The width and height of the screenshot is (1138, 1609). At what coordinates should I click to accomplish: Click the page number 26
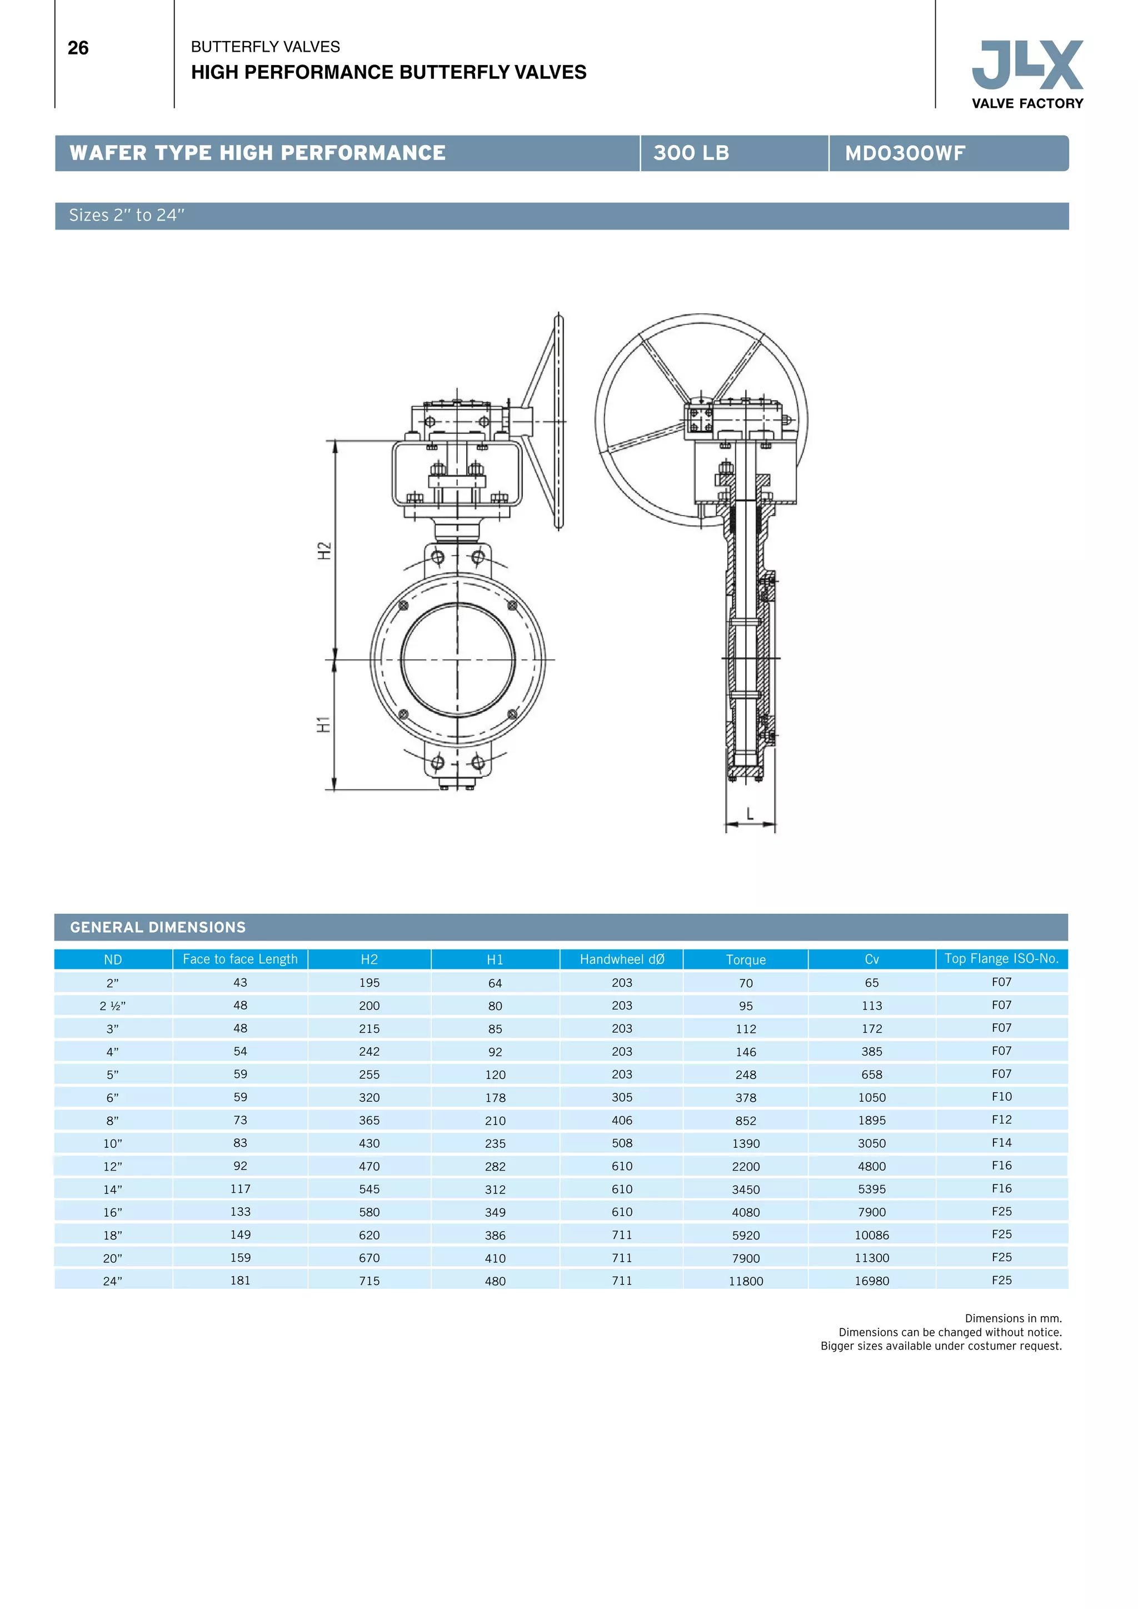(x=78, y=48)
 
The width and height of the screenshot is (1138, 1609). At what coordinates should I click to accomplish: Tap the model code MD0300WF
(x=905, y=153)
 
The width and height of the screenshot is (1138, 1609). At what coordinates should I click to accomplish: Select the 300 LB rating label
(x=691, y=153)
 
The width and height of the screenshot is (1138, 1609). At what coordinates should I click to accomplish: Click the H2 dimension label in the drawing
(x=325, y=550)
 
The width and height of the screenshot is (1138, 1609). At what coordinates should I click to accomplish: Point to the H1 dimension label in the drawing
(x=324, y=724)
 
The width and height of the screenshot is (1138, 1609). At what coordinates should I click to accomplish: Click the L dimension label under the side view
(x=750, y=813)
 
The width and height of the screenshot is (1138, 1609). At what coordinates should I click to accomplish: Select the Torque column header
(x=746, y=960)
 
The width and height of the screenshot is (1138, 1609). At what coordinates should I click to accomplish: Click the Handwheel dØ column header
(x=622, y=960)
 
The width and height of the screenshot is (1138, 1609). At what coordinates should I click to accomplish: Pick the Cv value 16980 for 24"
(x=872, y=1281)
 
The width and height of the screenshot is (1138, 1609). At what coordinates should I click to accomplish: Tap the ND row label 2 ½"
(x=113, y=1006)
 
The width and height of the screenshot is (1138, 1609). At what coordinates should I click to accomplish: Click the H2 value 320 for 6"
(x=370, y=1097)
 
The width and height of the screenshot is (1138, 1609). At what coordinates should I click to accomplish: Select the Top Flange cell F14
(x=1001, y=1143)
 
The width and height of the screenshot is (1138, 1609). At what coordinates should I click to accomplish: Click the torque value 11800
(x=746, y=1281)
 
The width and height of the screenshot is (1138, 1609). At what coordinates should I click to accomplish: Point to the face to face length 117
(x=241, y=1189)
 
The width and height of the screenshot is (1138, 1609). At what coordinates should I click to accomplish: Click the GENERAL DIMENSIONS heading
(x=158, y=927)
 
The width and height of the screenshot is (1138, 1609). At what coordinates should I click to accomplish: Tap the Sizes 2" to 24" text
(x=127, y=216)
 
